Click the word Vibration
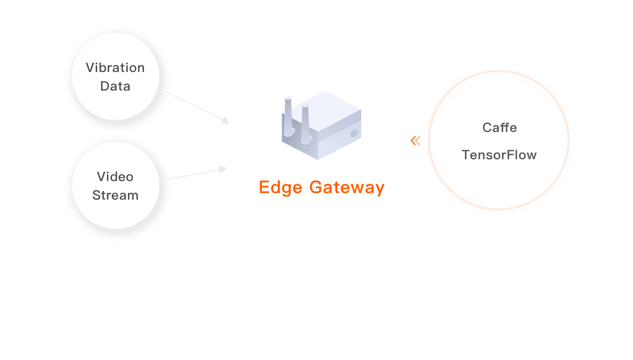(115, 68)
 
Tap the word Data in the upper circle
(115, 86)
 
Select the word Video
(115, 177)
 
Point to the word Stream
(115, 195)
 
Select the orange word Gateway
(347, 188)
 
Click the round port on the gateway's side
(354, 133)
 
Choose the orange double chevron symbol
(415, 141)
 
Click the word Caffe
(499, 128)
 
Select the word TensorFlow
(499, 155)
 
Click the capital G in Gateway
(316, 188)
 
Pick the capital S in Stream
(96, 195)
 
